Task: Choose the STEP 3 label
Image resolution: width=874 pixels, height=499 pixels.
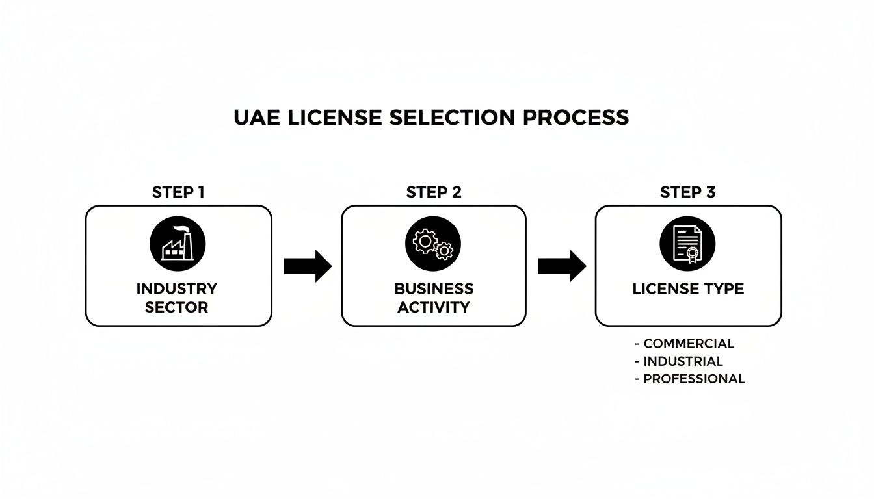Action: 689,192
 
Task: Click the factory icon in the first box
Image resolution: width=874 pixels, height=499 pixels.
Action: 178,245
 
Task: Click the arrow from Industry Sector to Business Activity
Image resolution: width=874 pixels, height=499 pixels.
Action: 308,266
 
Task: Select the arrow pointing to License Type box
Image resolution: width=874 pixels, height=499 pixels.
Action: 561,266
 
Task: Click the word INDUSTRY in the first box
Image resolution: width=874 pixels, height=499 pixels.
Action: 177,288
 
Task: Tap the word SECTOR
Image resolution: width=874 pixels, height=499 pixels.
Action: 177,307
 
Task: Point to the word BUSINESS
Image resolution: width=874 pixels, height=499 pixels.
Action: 434,288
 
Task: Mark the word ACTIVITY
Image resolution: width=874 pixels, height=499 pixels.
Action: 434,307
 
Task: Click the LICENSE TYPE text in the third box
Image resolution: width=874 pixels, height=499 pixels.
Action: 688,289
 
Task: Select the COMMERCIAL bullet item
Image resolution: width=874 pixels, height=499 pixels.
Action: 688,344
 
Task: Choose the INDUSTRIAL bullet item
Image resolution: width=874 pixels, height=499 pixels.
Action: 683,361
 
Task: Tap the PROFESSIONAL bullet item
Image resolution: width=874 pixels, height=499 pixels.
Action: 693,379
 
